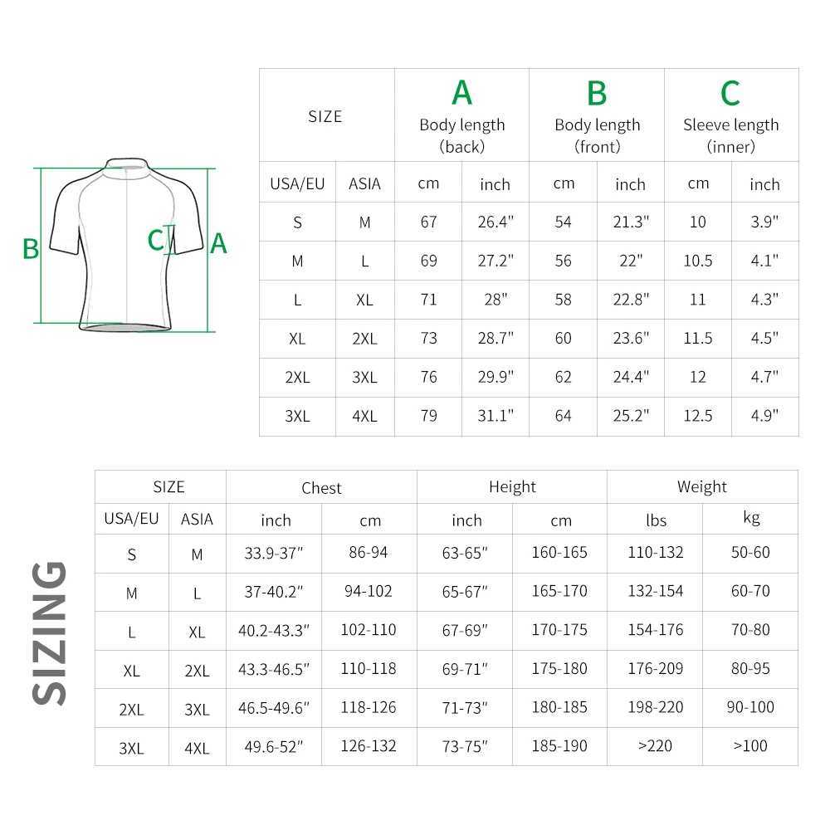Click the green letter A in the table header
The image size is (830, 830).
pyautogui.click(x=461, y=93)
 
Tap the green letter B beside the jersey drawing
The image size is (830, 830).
pyautogui.click(x=31, y=248)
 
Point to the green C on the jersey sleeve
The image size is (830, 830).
pyautogui.click(x=155, y=240)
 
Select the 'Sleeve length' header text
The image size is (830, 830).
pyautogui.click(x=730, y=125)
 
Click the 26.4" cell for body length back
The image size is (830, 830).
pyautogui.click(x=496, y=222)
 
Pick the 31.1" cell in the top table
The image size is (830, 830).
pyautogui.click(x=496, y=416)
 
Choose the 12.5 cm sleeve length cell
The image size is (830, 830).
pyautogui.click(x=698, y=416)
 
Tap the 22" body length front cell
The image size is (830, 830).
pyautogui.click(x=630, y=261)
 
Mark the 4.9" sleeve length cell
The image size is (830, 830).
pyautogui.click(x=764, y=416)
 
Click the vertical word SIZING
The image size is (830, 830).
pyautogui.click(x=50, y=632)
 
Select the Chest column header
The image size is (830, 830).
pyautogui.click(x=321, y=488)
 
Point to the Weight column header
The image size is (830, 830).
pyautogui.click(x=701, y=487)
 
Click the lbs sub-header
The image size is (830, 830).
pyautogui.click(x=656, y=520)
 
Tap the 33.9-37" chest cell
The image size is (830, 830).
pyautogui.click(x=274, y=554)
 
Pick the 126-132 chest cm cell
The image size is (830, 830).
pyautogui.click(x=369, y=745)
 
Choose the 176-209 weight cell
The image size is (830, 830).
pyautogui.click(x=655, y=668)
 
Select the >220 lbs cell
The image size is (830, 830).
pyautogui.click(x=655, y=745)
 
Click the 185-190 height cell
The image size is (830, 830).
pyautogui.click(x=559, y=745)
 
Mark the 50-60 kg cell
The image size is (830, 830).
pyautogui.click(x=750, y=553)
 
